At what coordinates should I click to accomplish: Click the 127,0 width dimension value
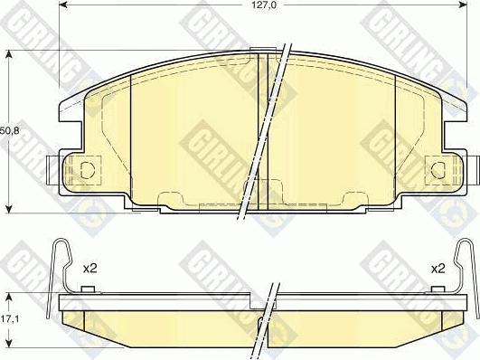tap(263, 5)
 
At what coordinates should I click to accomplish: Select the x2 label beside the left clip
tap(90, 269)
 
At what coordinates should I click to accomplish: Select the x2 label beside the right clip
tap(438, 269)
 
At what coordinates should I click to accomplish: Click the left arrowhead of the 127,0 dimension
tap(63, 5)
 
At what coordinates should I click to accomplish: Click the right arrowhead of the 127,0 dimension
tap(463, 5)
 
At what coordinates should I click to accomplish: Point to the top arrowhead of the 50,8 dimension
tap(9, 55)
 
